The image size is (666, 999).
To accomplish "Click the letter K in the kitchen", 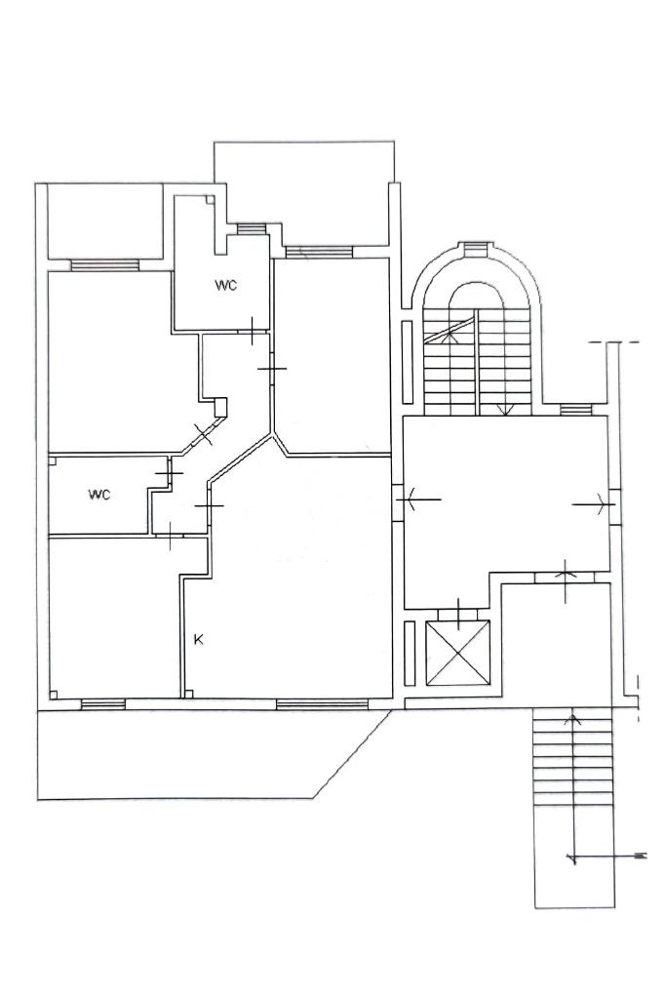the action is [198, 640].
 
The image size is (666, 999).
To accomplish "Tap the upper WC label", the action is [226, 286].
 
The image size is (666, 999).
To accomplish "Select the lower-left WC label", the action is [99, 495].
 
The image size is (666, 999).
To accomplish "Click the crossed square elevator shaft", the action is [457, 654].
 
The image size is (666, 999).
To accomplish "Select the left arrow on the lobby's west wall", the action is [413, 499].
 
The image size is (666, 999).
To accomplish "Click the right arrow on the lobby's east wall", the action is [593, 503].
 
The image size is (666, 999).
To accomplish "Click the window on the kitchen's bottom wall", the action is [322, 702].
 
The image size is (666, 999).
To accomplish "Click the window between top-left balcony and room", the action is [104, 264].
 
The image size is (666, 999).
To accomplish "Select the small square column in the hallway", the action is [220, 405].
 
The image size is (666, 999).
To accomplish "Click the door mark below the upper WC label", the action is [253, 331].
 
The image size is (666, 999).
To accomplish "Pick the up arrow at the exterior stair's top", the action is [571, 721].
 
